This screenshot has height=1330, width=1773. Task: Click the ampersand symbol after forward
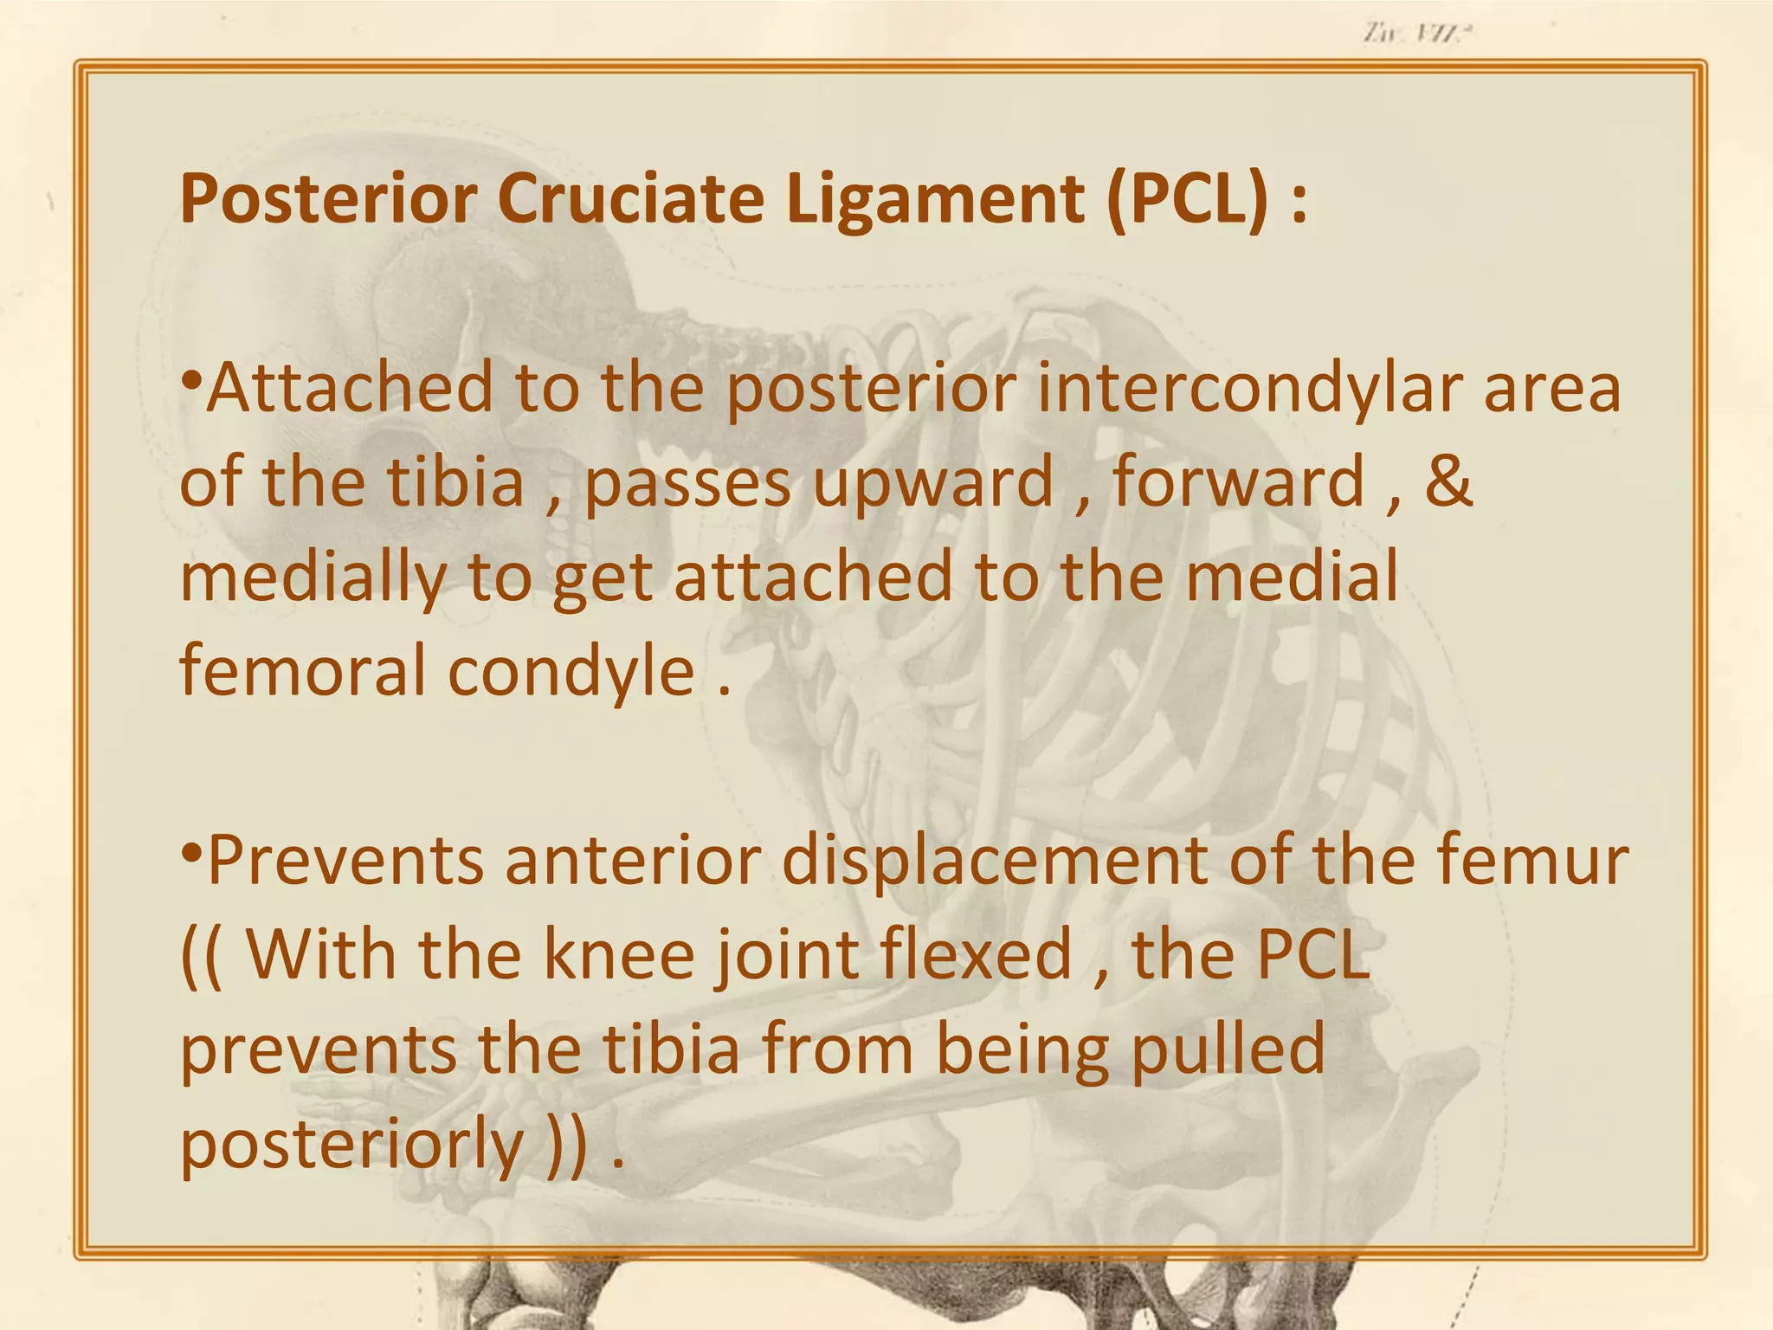pyautogui.click(x=1447, y=481)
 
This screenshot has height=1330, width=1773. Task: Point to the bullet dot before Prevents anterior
pyautogui.click(x=192, y=853)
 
